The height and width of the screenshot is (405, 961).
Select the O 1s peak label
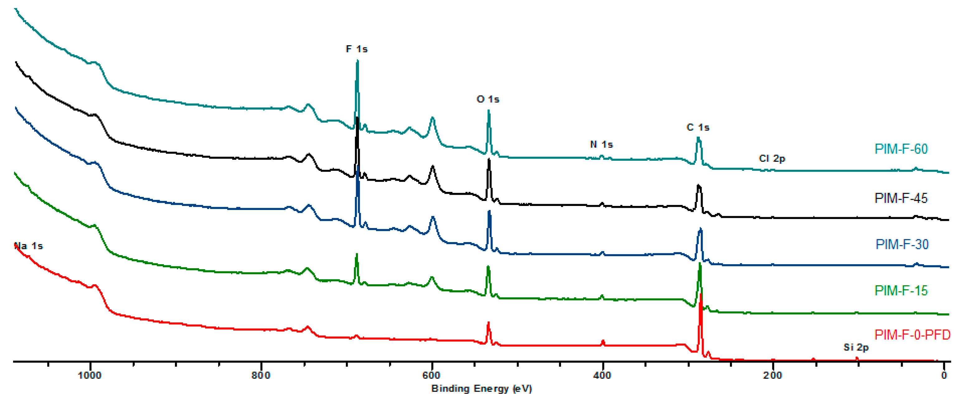point(488,99)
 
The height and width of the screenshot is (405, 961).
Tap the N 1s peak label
point(601,145)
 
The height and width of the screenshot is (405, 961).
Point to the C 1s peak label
point(698,128)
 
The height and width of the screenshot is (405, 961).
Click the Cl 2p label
point(772,159)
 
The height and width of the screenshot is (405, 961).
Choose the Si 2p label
point(856,347)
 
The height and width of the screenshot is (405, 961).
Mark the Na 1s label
point(28,246)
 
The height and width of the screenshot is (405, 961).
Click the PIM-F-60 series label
point(901,149)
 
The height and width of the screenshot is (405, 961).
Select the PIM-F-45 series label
point(901,198)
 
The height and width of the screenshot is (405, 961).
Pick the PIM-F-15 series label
point(901,290)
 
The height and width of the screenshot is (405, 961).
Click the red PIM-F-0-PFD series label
point(912,335)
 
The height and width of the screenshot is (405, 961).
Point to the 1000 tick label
point(90,375)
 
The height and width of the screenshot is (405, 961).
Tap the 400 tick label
point(602,375)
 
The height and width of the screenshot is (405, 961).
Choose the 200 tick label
point(773,375)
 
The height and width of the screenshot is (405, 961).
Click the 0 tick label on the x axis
point(944,375)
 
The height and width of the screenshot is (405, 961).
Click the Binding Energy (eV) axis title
point(481,388)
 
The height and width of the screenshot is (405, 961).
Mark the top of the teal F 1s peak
point(357,61)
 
